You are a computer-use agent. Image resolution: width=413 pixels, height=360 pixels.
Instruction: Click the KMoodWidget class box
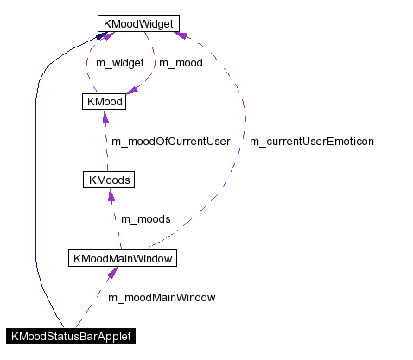[x=138, y=23]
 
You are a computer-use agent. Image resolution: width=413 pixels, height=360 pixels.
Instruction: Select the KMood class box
[x=103, y=102]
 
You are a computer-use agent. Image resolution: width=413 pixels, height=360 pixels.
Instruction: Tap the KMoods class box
[x=108, y=180]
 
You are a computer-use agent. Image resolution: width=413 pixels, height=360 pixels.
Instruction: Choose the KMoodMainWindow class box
[x=123, y=257]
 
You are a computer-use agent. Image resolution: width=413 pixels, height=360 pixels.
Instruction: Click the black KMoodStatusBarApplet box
[x=71, y=336]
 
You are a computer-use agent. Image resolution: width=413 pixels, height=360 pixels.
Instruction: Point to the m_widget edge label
[x=119, y=63]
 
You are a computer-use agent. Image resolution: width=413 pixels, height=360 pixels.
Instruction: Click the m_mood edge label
[x=181, y=63]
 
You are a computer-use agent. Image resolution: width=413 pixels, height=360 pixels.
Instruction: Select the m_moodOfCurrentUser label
[x=169, y=141]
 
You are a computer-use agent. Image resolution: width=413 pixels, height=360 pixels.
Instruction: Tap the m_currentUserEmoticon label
[x=311, y=141]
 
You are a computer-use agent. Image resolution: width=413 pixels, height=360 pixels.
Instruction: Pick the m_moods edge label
[x=145, y=218]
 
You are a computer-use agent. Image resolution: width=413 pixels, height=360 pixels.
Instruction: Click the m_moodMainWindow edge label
[x=162, y=297]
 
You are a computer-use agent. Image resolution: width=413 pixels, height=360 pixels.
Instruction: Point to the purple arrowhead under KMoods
[x=111, y=196]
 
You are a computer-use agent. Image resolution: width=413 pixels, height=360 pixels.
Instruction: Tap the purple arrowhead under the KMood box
[x=104, y=117]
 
